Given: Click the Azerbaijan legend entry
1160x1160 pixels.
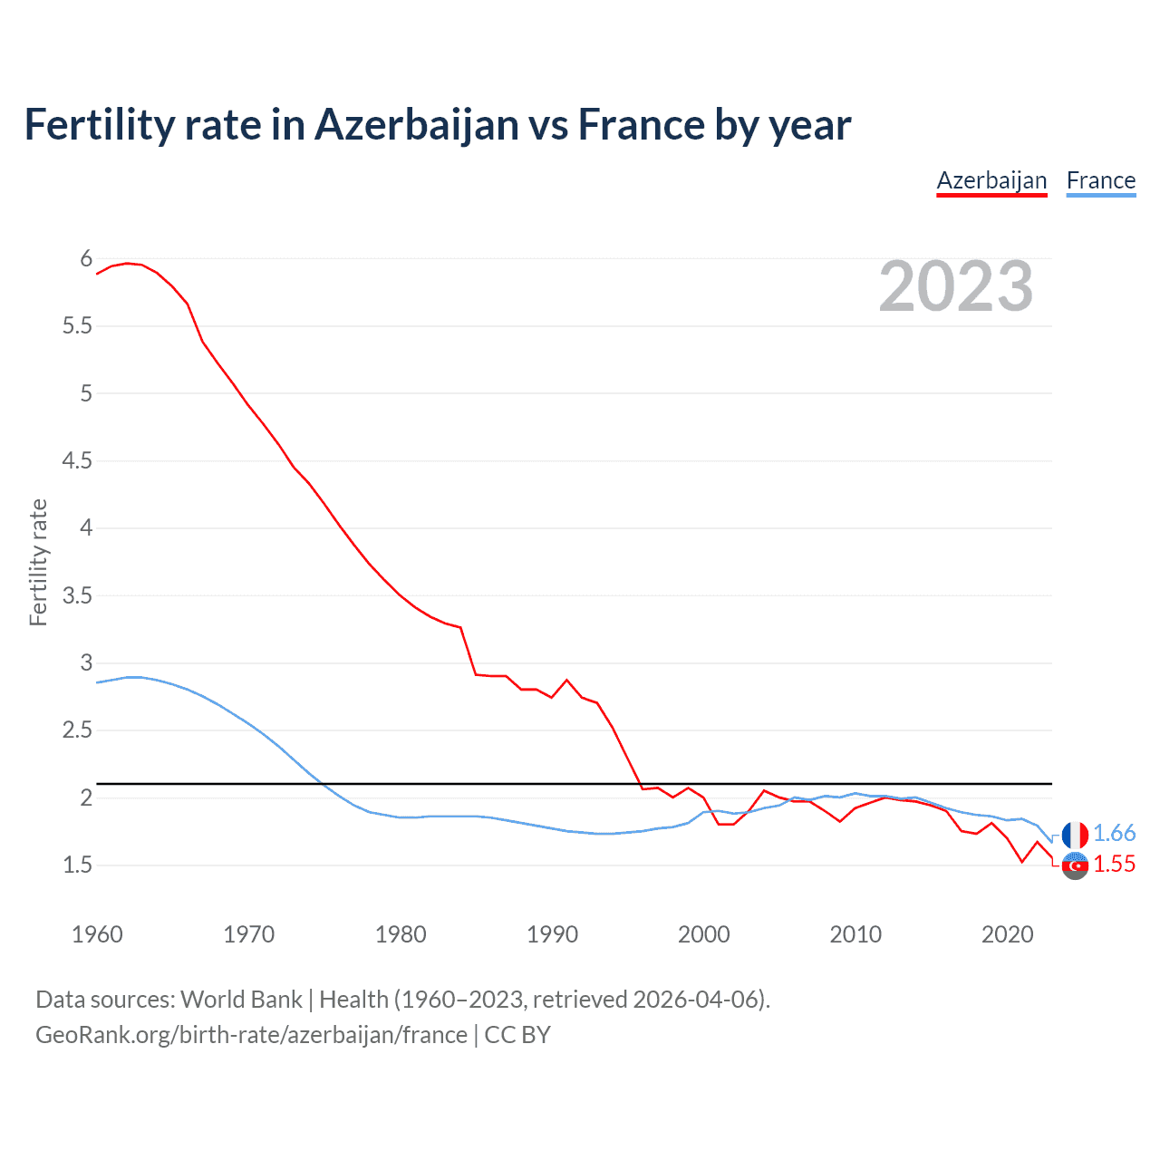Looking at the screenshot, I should click(991, 180).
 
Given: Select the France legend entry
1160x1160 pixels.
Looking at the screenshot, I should click(1100, 180).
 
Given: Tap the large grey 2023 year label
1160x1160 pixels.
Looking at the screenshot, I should click(956, 286).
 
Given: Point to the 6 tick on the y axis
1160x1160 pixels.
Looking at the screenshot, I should click(86, 258).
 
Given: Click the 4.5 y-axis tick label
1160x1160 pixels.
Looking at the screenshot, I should click(78, 460).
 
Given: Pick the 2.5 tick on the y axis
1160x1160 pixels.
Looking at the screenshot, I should click(78, 730).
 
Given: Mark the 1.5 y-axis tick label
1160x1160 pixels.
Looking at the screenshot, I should click(78, 865).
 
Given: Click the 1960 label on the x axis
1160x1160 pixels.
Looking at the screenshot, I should click(97, 934).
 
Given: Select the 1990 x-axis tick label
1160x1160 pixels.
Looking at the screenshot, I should click(552, 934).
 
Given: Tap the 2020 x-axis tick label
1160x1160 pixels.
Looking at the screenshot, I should click(1007, 934).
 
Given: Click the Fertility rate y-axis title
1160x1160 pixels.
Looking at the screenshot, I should click(38, 562).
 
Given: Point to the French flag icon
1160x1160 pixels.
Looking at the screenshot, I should click(1075, 835).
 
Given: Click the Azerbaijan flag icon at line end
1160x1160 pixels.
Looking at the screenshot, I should click(1075, 865).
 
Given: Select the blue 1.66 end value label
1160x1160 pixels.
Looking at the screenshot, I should click(1114, 834).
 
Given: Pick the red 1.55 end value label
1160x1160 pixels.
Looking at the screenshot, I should click(1114, 865).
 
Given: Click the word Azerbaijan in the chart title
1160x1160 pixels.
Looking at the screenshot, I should click(417, 125).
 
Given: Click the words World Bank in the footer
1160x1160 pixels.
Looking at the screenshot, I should click(241, 1000).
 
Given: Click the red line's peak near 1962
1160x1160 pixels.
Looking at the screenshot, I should click(127, 263).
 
